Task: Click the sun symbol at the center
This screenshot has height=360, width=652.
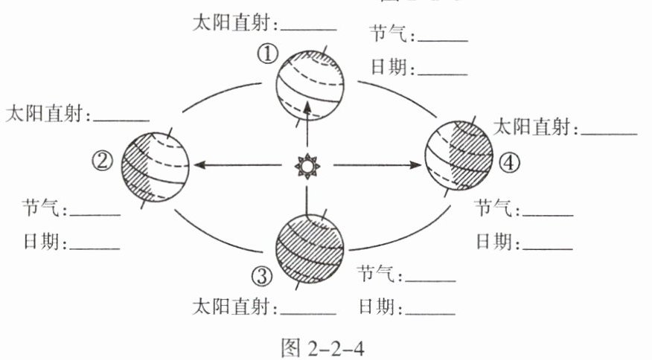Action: (x=306, y=165)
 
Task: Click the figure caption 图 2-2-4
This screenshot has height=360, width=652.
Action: (x=326, y=346)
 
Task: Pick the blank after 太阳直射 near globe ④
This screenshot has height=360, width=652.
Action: (x=610, y=132)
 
